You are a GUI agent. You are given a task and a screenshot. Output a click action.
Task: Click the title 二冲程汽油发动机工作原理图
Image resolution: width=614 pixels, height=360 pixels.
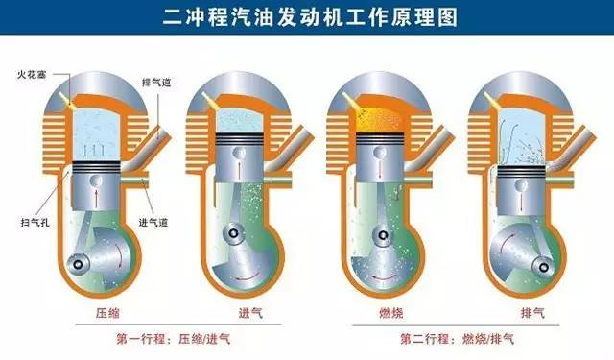tap(307, 16)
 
